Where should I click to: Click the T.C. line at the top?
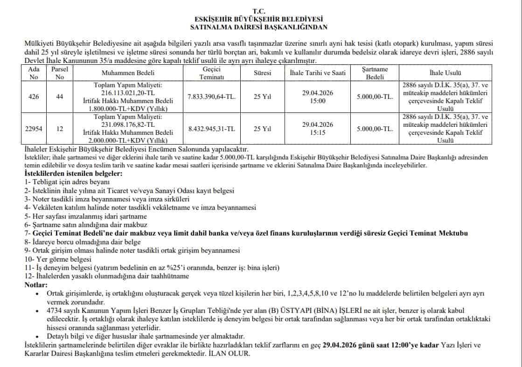click(x=261, y=10)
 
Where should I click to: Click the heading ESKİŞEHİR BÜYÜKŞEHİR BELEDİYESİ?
click(x=261, y=19)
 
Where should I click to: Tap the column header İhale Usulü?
click(x=445, y=73)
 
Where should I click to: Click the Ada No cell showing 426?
click(x=34, y=97)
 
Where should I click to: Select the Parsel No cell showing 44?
click(x=59, y=97)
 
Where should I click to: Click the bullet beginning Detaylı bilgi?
click(x=146, y=336)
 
